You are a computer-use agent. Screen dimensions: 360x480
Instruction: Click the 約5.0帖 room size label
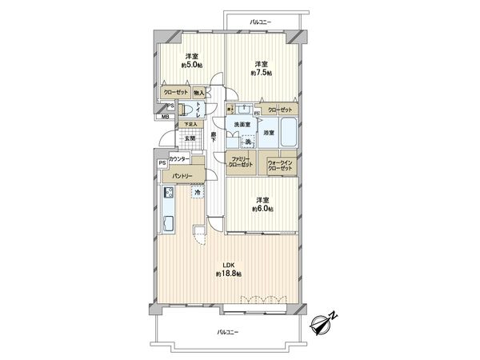tap(190, 66)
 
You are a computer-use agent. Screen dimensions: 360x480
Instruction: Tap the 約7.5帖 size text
tap(261, 73)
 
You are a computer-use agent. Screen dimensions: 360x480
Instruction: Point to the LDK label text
tap(229, 266)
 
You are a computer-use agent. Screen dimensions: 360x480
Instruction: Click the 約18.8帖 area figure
tap(229, 274)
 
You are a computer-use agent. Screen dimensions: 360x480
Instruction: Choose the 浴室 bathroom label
tap(269, 133)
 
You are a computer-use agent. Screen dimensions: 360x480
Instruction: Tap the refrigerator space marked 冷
tap(197, 192)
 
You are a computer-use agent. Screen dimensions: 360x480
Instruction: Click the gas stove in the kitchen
tap(170, 193)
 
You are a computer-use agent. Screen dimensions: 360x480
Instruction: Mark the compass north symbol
tap(322, 324)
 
